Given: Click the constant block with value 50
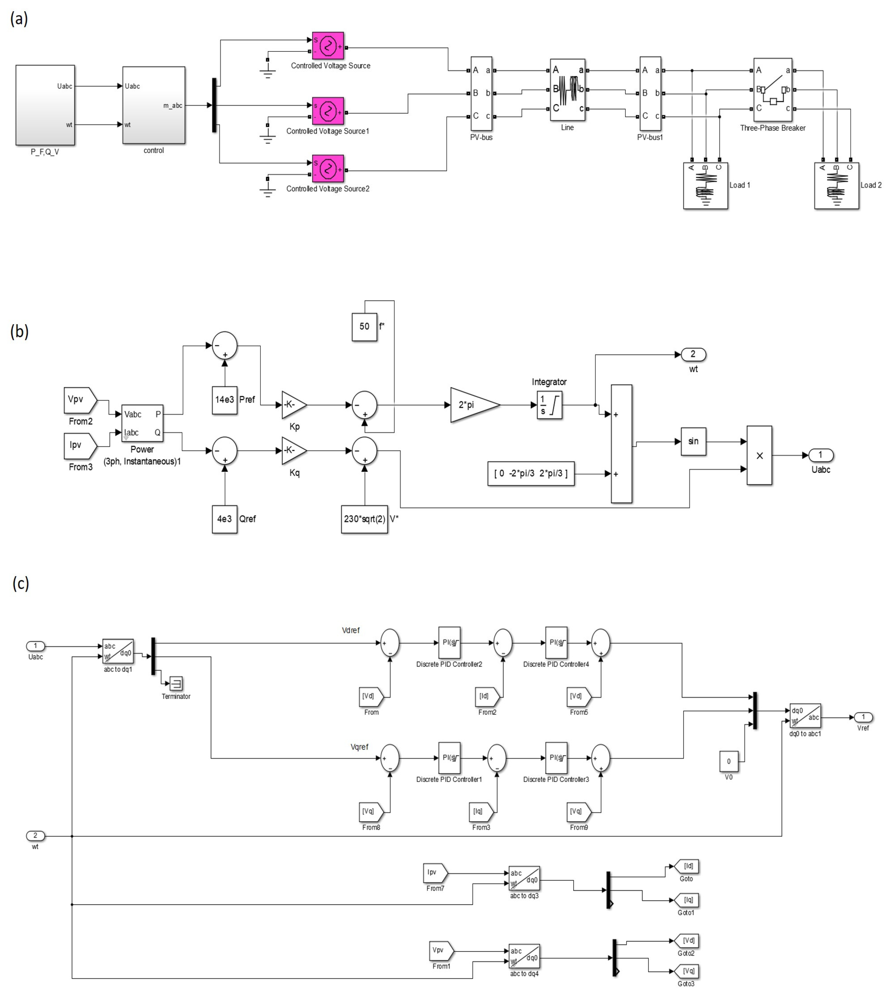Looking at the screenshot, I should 364,327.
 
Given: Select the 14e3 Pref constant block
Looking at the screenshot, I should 225,400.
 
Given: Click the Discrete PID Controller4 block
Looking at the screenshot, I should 556,643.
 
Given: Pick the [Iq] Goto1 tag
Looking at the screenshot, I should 687,900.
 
